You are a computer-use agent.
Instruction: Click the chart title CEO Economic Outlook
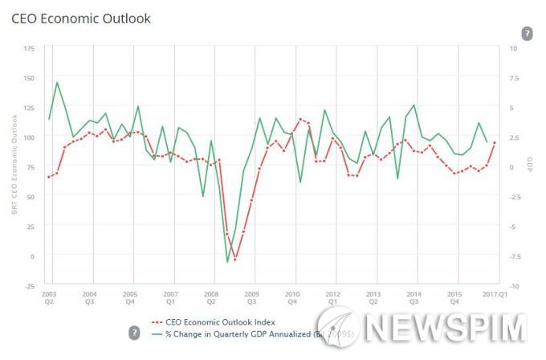point(80,18)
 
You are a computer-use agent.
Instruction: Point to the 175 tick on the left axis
point(30,48)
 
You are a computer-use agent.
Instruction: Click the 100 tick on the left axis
point(30,137)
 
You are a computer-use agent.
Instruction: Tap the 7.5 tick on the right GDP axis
point(514,78)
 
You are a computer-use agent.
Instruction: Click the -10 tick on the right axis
point(514,285)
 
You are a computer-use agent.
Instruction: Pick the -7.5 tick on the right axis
point(514,256)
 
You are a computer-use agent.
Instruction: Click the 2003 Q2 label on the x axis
point(49,298)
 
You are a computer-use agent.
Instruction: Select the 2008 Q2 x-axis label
point(211,298)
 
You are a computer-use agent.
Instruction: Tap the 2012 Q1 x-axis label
point(332,298)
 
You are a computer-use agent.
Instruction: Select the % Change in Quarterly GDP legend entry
point(233,332)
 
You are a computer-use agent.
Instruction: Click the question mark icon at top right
point(527,33)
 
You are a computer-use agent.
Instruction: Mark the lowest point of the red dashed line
point(235,260)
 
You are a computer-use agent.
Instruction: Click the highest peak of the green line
point(57,82)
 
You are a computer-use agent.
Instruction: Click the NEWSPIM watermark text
point(446,328)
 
